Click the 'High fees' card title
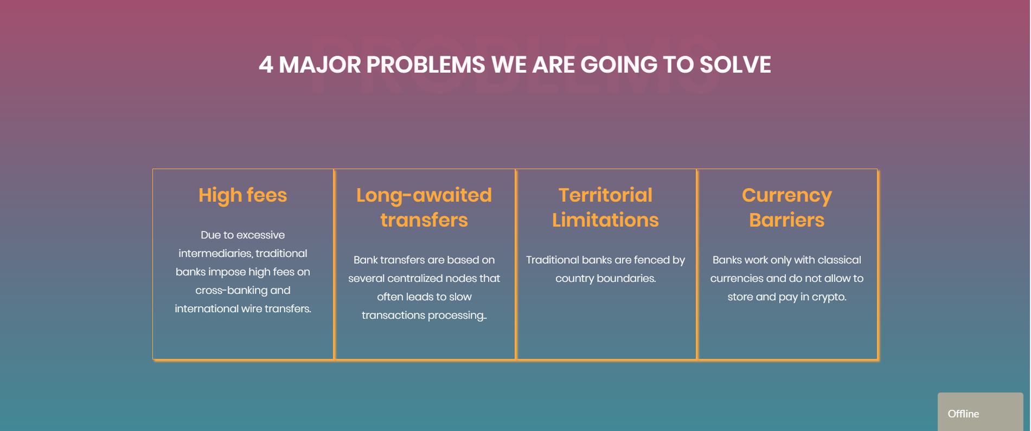pyautogui.click(x=242, y=195)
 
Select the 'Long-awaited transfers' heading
pyautogui.click(x=424, y=207)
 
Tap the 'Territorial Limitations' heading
pyautogui.click(x=605, y=207)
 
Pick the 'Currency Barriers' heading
pyautogui.click(x=787, y=207)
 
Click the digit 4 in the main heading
pyautogui.click(x=266, y=65)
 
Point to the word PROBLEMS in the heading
pyautogui.click(x=426, y=65)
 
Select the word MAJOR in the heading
pyautogui.click(x=319, y=65)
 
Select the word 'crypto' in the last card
pyautogui.click(x=828, y=297)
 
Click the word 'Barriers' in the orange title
pyautogui.click(x=787, y=220)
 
